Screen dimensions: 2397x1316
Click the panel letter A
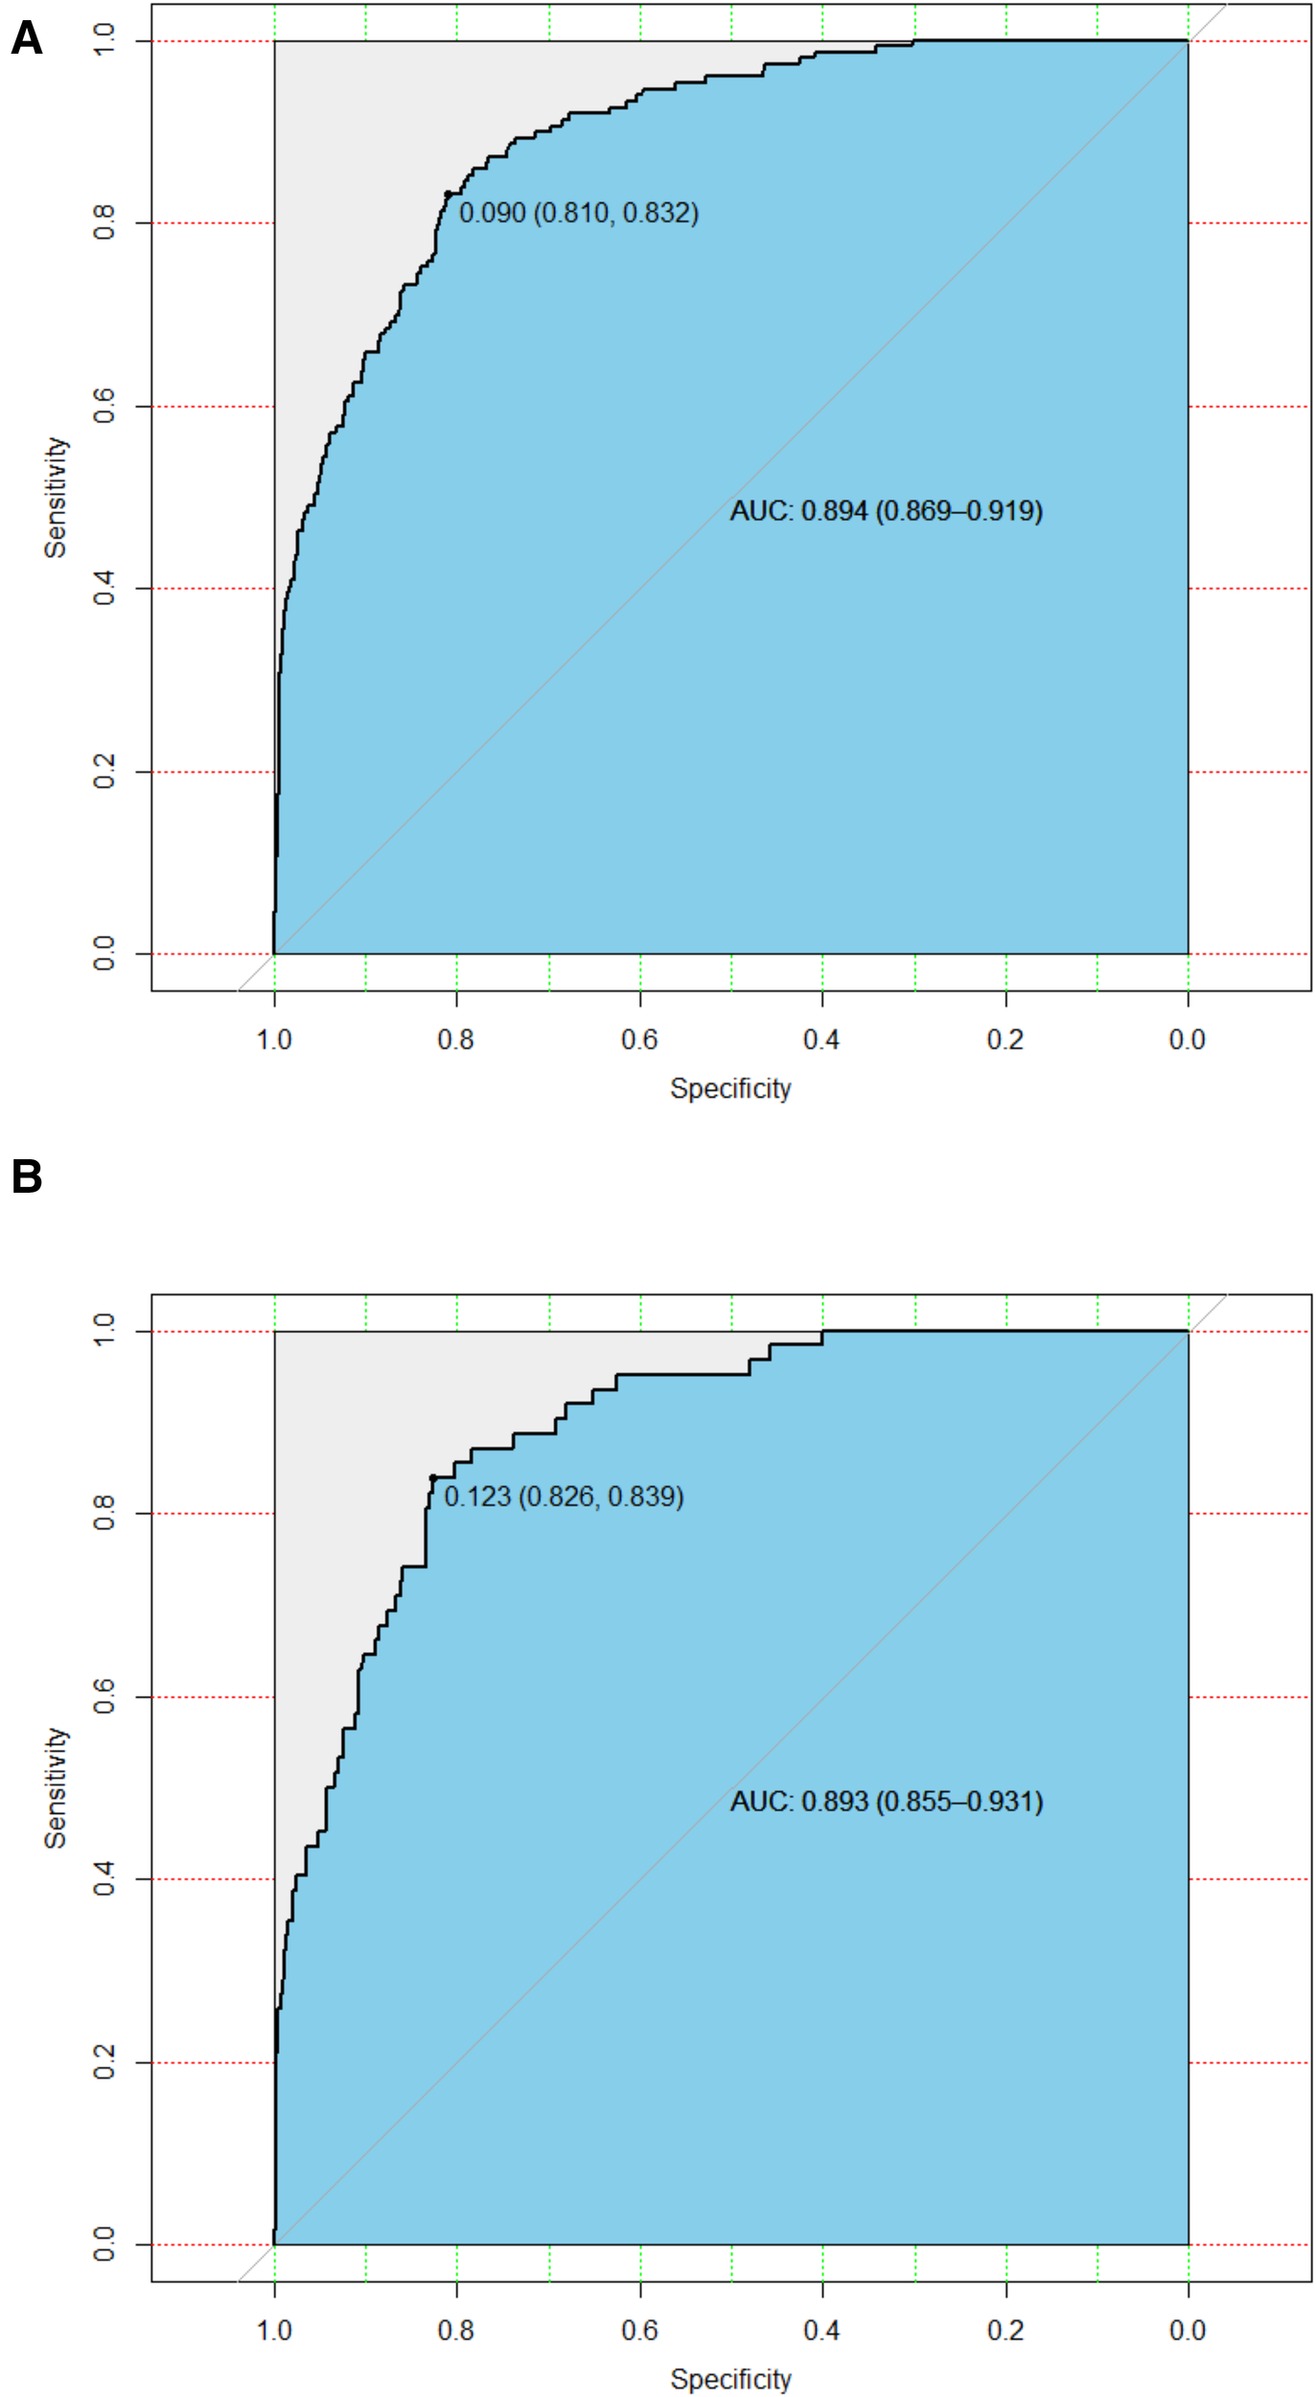[x=27, y=38]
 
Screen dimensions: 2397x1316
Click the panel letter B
[x=27, y=1176]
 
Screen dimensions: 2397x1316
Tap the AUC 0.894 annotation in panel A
[x=886, y=511]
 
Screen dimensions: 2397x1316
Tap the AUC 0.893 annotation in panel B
[x=886, y=1802]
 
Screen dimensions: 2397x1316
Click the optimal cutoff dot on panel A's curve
[x=448, y=195]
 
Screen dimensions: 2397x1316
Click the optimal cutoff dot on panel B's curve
[x=433, y=1478]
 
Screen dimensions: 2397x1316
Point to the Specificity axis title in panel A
[x=730, y=1088]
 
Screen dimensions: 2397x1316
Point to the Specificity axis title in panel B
[x=730, y=2379]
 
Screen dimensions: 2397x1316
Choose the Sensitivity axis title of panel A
[x=56, y=498]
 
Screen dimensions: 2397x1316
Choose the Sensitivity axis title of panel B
[x=56, y=1788]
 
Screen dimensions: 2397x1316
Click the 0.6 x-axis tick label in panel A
[x=639, y=1039]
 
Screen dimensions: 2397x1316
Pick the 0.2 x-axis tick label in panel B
[x=1005, y=2330]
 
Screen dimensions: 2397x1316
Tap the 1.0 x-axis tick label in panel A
[x=274, y=1039]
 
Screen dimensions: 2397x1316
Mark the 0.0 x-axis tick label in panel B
[x=1188, y=2330]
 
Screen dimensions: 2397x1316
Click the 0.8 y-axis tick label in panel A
[x=104, y=223]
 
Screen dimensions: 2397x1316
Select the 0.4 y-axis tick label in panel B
[x=104, y=1879]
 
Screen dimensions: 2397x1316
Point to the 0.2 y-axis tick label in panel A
[x=104, y=772]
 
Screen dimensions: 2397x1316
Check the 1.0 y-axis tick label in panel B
[x=104, y=1331]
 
